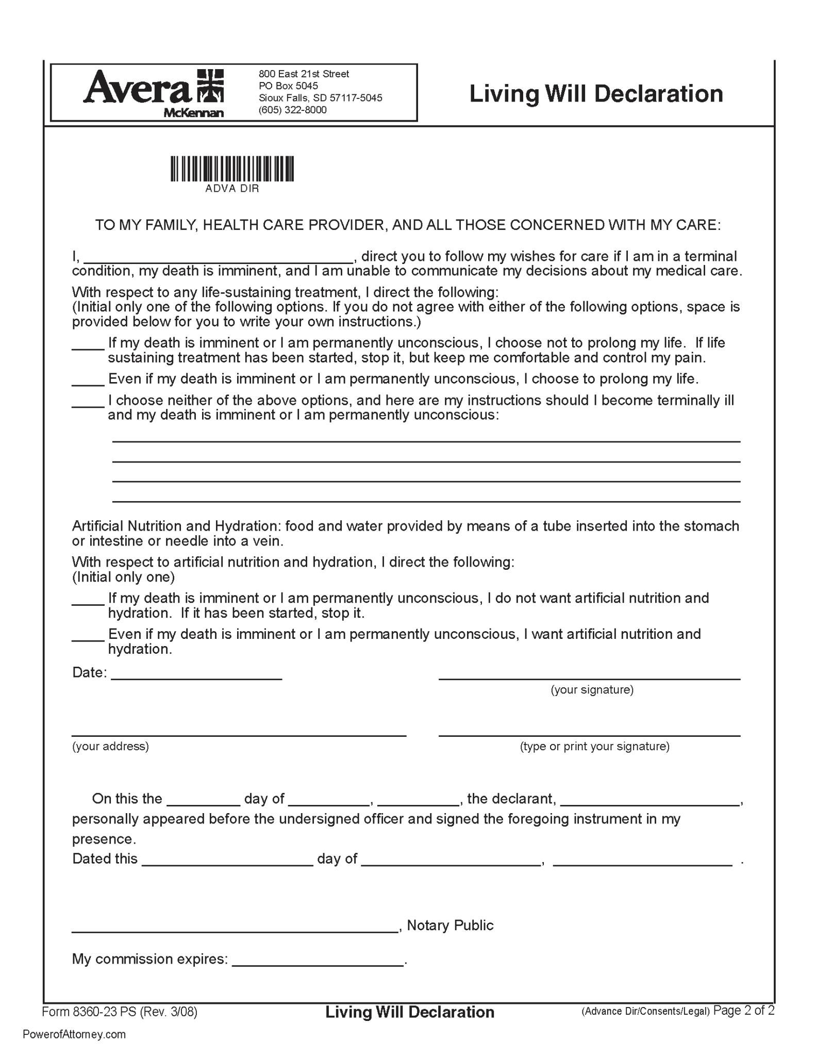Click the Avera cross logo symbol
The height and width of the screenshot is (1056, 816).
pos(210,86)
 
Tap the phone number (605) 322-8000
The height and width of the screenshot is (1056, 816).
pos(292,110)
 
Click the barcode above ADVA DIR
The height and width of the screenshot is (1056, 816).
pos(232,169)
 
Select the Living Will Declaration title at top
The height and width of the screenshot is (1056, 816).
pos(596,94)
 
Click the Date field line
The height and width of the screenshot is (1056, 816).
pos(196,674)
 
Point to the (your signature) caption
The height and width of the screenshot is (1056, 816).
pos(592,690)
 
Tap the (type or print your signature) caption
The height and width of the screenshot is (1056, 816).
pos(594,747)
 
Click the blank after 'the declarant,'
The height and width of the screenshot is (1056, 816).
pos(650,800)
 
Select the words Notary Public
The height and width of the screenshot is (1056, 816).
pos(450,926)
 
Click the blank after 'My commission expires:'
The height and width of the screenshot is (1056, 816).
pos(318,961)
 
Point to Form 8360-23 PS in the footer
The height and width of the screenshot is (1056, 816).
pos(89,1012)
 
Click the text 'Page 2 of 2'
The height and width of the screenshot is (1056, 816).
pos(744,1011)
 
